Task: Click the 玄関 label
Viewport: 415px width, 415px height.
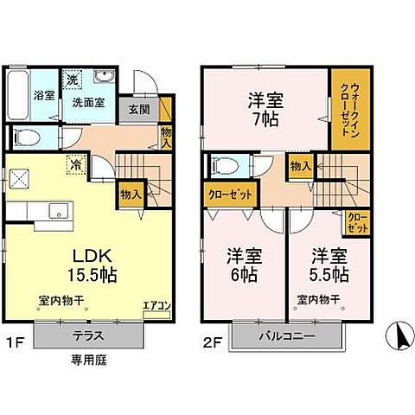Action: point(140,110)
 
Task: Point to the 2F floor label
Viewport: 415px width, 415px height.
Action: point(212,341)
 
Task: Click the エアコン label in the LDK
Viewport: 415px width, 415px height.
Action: point(156,303)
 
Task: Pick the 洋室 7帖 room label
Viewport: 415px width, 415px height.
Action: point(266,107)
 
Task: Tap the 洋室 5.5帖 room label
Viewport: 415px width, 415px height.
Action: point(329,265)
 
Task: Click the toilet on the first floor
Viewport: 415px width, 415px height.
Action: point(27,137)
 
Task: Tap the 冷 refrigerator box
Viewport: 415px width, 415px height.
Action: point(76,163)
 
